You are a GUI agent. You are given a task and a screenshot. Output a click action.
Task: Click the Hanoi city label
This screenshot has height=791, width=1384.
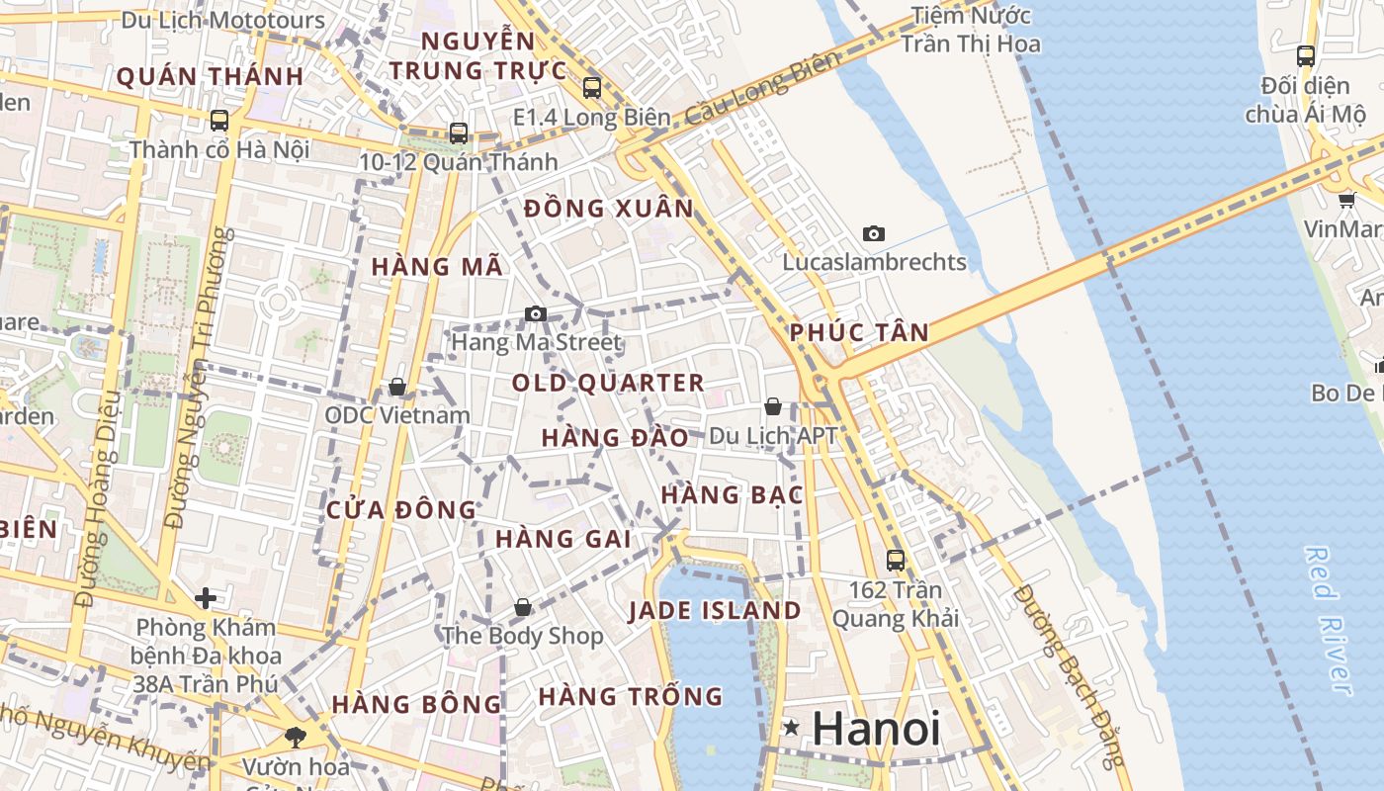pyautogui.click(x=876, y=730)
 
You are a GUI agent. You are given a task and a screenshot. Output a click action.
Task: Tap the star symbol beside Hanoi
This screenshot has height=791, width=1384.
pyautogui.click(x=791, y=729)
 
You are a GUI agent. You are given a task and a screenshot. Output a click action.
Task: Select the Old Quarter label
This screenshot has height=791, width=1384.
pyautogui.click(x=608, y=383)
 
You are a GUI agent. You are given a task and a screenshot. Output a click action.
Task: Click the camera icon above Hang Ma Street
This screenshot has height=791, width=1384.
pyautogui.click(x=536, y=314)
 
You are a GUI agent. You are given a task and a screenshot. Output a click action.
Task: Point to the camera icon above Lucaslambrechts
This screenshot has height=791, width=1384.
pyautogui.click(x=873, y=234)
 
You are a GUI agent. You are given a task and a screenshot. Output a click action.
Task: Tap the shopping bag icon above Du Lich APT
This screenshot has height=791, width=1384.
pyautogui.click(x=773, y=406)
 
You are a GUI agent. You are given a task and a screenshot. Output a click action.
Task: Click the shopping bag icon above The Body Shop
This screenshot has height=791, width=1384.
pyautogui.click(x=522, y=607)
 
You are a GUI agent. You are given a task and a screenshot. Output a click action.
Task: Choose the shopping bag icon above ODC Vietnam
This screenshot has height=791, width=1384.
pyautogui.click(x=397, y=387)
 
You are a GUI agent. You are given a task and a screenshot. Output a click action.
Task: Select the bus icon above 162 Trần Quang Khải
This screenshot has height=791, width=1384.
pyautogui.click(x=895, y=560)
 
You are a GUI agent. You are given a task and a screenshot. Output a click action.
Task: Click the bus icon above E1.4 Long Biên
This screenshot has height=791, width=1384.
pyautogui.click(x=592, y=88)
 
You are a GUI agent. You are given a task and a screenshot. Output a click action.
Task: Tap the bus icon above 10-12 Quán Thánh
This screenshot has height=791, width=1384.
pyautogui.click(x=458, y=132)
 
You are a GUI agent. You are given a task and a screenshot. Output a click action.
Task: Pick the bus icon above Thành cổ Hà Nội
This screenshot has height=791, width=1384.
pyautogui.click(x=219, y=121)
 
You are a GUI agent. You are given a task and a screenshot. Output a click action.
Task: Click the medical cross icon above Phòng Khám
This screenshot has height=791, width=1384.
pyautogui.click(x=206, y=598)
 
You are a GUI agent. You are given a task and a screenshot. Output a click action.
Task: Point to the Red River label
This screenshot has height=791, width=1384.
pyautogui.click(x=1328, y=620)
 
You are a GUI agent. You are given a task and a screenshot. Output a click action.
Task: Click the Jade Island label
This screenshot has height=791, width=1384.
pyautogui.click(x=715, y=610)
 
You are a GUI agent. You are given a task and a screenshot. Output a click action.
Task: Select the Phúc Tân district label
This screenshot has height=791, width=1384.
pyautogui.click(x=860, y=332)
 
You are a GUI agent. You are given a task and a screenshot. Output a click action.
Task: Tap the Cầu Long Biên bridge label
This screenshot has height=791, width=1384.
pyautogui.click(x=761, y=87)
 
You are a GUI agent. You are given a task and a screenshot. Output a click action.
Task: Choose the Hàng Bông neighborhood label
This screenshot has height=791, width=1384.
pyautogui.click(x=416, y=704)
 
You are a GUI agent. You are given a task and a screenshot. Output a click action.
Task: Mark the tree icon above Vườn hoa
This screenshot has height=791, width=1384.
pyautogui.click(x=295, y=737)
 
